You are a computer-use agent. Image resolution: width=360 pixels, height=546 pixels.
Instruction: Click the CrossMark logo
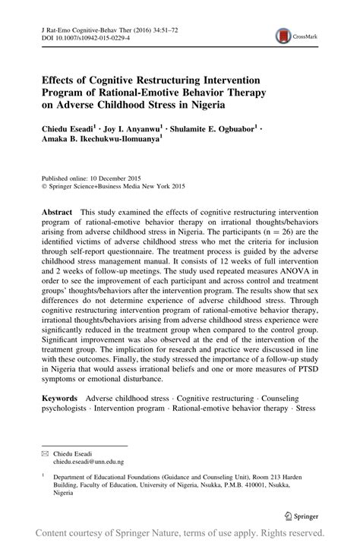coord(294,35)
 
